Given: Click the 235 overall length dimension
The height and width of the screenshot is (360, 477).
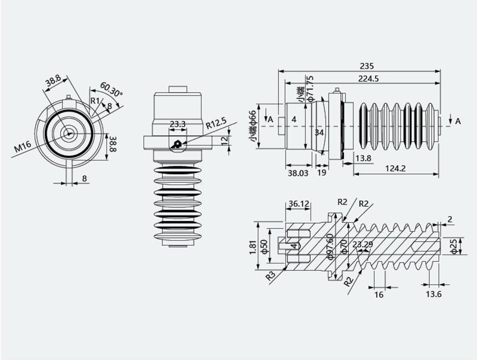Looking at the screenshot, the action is coord(367,66).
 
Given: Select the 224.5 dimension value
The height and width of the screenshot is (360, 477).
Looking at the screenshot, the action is coord(368,79).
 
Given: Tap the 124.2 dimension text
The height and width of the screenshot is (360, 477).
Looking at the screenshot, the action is coord(395,169).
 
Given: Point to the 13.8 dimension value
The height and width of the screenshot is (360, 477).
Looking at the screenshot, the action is coord(363,158).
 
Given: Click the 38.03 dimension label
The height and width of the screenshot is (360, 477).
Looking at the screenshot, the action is coord(298,173).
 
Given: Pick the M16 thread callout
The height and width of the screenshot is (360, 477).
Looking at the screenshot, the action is coord(23,147).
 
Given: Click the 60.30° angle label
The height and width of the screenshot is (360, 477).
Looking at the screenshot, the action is coord(111,89).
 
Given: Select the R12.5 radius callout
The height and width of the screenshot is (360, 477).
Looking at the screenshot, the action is coord(216,123).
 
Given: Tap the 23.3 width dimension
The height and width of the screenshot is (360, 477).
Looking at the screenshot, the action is coord(178,124).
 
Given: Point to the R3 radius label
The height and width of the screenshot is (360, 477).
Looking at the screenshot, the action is coord(271,275).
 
